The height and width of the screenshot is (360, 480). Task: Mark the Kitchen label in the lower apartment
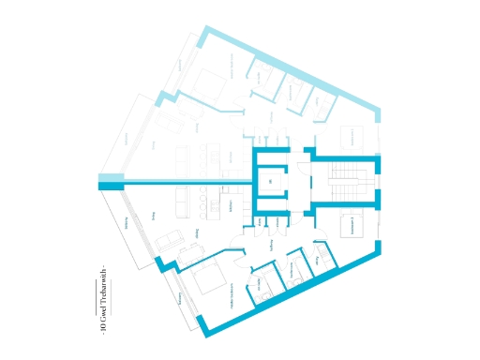tap(231, 205)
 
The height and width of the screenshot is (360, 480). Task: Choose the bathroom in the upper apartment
tap(294, 95)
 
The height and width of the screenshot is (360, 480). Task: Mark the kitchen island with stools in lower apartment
tap(202, 201)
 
